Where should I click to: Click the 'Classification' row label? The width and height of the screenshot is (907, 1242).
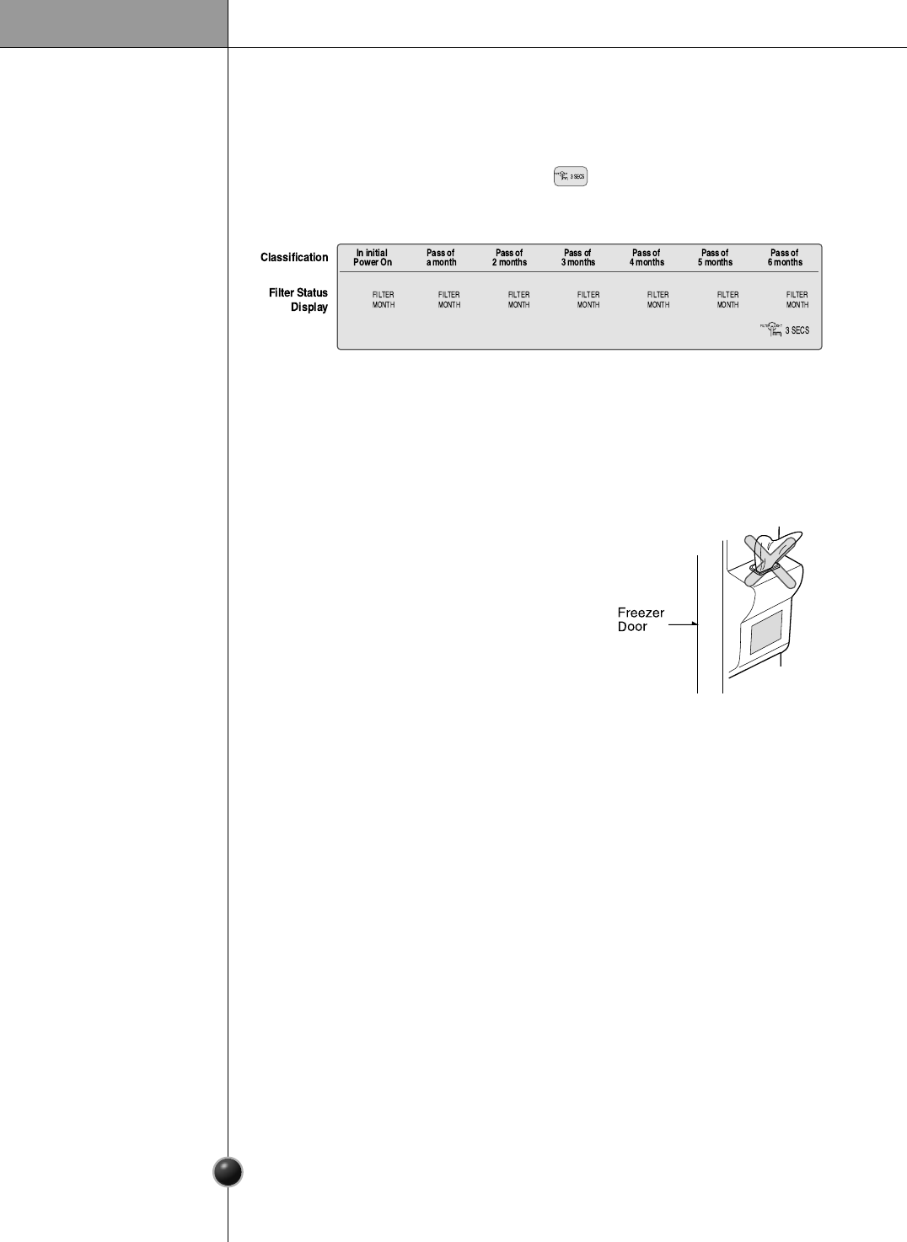[x=294, y=257]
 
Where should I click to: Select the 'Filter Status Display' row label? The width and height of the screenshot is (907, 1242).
[x=298, y=300]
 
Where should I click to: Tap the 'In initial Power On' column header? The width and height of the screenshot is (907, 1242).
[x=373, y=258]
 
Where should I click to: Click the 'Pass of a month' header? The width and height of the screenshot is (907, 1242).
[x=441, y=258]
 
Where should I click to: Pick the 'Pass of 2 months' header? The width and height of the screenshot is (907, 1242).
[x=509, y=258]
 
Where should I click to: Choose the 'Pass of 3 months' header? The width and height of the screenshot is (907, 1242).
[x=578, y=258]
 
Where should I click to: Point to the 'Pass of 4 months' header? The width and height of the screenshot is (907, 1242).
[x=647, y=258]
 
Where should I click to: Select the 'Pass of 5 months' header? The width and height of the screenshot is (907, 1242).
[x=715, y=258]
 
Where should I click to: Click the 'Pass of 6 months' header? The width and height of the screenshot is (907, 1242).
[x=785, y=258]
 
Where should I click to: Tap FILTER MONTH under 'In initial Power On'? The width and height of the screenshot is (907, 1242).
[x=384, y=300]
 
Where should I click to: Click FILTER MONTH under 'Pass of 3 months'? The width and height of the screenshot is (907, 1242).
[x=588, y=300]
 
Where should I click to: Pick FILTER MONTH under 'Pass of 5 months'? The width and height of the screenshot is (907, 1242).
[x=727, y=300]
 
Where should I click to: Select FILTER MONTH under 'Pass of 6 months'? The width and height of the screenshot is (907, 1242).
[x=797, y=300]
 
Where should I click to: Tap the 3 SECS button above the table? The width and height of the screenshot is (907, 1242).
[x=571, y=176]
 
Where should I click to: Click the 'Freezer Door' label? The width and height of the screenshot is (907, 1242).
[x=641, y=619]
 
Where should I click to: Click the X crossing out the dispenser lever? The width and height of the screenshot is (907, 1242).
[x=770, y=560]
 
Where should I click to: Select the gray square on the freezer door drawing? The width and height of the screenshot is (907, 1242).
[x=766, y=631]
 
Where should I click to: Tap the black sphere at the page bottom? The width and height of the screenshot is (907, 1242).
[x=228, y=1172]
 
